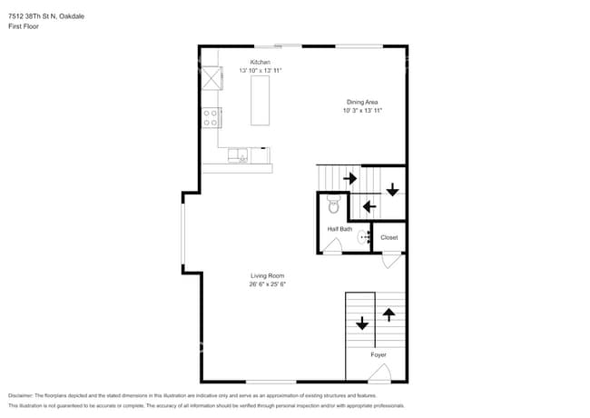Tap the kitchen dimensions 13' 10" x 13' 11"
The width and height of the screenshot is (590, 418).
tap(261, 70)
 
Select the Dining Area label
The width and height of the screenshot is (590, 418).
tap(362, 102)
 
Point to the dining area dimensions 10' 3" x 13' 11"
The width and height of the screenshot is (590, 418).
tap(362, 110)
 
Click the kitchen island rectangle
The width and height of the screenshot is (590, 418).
tap(261, 100)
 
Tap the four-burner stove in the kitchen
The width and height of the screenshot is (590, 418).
tap(211, 117)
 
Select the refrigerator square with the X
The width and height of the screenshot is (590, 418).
tap(211, 77)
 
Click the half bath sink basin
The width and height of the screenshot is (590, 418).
tap(365, 238)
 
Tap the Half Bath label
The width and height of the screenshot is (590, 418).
tap(339, 229)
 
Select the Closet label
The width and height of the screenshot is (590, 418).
tap(388, 237)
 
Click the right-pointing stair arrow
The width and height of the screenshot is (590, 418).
tap(349, 178)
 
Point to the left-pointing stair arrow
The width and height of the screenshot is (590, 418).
tap(369, 206)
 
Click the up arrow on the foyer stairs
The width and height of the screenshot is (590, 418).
tap(389, 314)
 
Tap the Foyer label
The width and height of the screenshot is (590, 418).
tap(379, 354)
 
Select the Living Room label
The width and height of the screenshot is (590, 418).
tap(268, 275)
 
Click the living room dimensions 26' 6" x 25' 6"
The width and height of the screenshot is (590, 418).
tap(268, 284)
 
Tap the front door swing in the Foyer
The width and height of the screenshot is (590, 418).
tap(381, 373)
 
